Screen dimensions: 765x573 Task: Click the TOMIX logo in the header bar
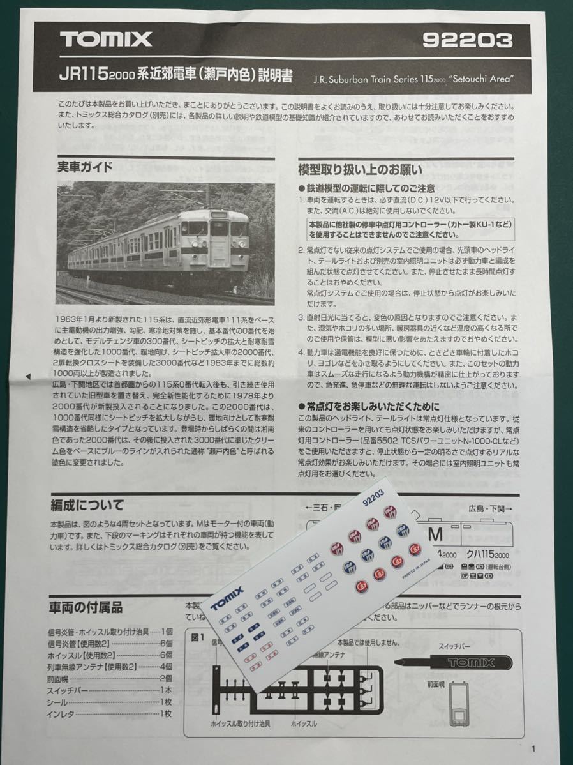point(106,40)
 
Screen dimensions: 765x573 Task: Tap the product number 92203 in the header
point(467,40)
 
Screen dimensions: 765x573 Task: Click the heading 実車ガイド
point(85,167)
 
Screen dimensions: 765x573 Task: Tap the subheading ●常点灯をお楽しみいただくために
point(369,406)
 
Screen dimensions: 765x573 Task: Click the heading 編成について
point(87,505)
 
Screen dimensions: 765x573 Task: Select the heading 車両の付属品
point(86,607)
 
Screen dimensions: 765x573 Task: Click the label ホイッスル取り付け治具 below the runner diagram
point(241,724)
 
